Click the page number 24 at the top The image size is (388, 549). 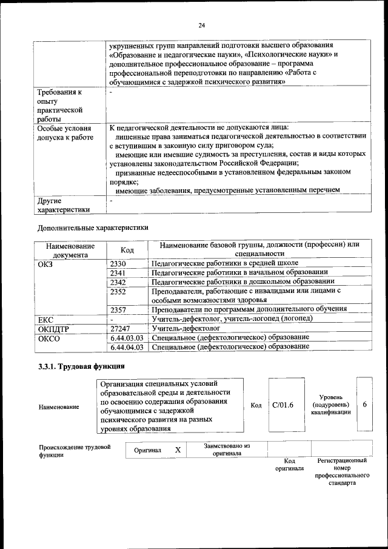[x=202, y=25]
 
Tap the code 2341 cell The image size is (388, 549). [x=118, y=273]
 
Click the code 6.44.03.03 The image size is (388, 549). [x=127, y=337]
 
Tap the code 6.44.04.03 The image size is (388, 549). [x=127, y=347]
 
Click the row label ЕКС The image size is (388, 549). [x=46, y=319]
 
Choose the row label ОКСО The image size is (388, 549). [x=49, y=338]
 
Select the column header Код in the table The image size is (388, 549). [x=127, y=250]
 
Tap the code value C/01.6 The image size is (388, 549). [x=283, y=405]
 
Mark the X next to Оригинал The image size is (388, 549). [x=178, y=450]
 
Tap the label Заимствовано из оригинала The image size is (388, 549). [x=227, y=450]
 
